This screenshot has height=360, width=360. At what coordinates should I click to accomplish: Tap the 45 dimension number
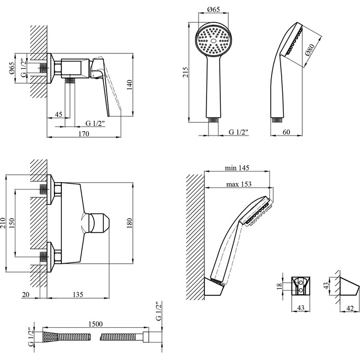(x=59, y=114)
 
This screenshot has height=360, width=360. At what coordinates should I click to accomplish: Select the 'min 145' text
(x=237, y=168)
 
